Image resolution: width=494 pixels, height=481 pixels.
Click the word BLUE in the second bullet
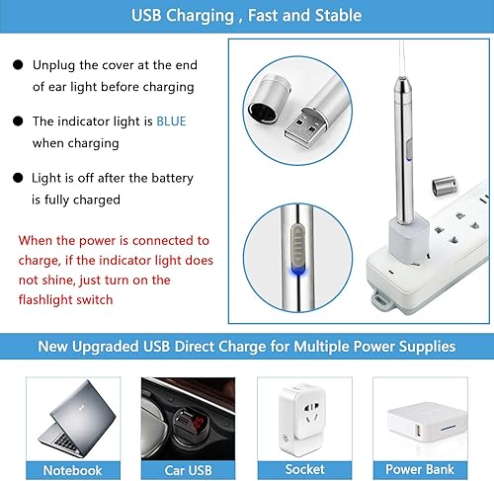171,121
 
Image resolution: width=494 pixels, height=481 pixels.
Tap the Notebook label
73,470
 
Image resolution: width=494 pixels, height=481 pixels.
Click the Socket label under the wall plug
305,470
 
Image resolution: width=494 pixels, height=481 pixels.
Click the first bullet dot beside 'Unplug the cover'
18,65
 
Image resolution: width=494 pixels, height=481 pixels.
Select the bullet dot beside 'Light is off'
18,179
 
